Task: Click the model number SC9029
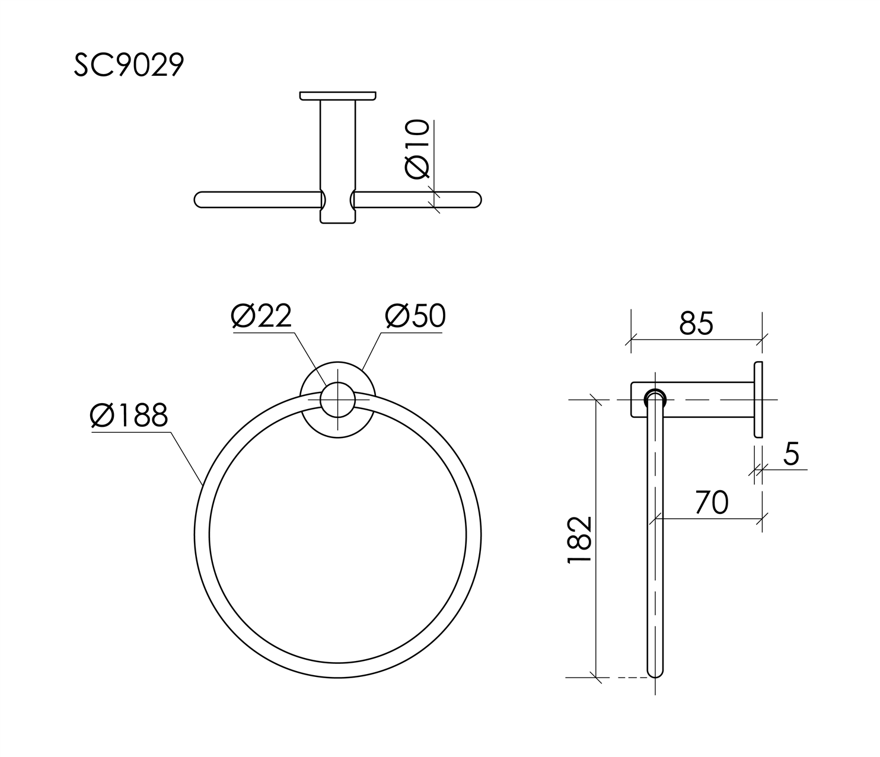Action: pyautogui.click(x=129, y=65)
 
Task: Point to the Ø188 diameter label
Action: pyautogui.click(x=129, y=416)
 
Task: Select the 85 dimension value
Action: pyautogui.click(x=696, y=324)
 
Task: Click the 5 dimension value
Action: pyautogui.click(x=791, y=454)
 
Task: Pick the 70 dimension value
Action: pyautogui.click(x=711, y=503)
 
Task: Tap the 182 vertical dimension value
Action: pyautogui.click(x=580, y=539)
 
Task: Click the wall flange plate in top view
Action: pyautogui.click(x=337, y=95)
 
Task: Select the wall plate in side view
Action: pyautogui.click(x=758, y=399)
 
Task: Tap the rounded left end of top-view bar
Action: pyautogui.click(x=202, y=200)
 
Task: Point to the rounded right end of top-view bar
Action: pyautogui.click(x=474, y=200)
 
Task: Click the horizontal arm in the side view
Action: pyautogui.click(x=706, y=400)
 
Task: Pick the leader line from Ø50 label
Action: pyautogui.click(x=371, y=353)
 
